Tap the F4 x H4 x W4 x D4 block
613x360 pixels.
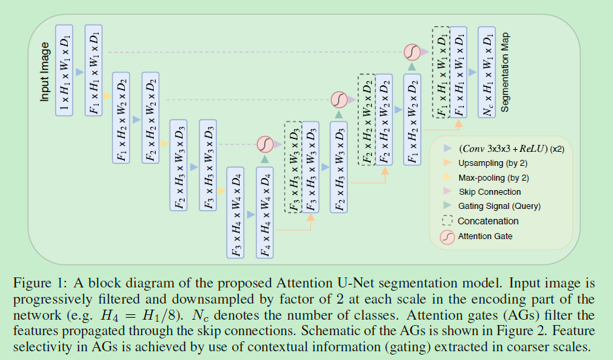pyautogui.click(x=266, y=212)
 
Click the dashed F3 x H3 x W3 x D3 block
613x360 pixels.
pyautogui.click(x=293, y=168)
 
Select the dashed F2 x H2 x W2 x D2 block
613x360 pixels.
pyautogui.click(x=367, y=120)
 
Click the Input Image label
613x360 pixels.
pyautogui.click(x=44, y=72)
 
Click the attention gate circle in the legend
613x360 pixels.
pyautogui.click(x=447, y=236)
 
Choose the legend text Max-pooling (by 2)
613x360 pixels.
pyautogui.click(x=493, y=177)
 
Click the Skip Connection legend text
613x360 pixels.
pyautogui.click(x=489, y=192)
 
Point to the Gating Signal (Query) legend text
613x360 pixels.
pyautogui.click(x=499, y=206)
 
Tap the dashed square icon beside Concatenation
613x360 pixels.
pyautogui.click(x=447, y=220)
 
